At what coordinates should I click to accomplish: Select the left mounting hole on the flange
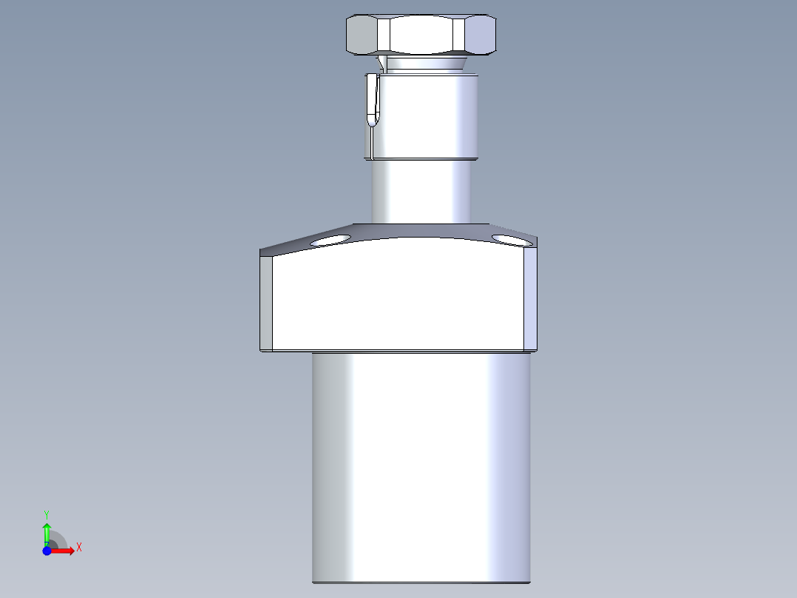(330, 240)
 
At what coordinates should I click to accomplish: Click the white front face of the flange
(399, 296)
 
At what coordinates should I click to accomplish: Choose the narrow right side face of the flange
(530, 300)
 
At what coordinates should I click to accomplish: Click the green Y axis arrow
(47, 531)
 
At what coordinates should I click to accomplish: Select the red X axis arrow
(64, 551)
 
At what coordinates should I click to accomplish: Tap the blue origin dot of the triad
(47, 551)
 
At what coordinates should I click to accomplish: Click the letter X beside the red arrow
(78, 548)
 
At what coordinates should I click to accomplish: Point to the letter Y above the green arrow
(46, 514)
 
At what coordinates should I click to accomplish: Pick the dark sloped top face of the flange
(421, 231)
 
